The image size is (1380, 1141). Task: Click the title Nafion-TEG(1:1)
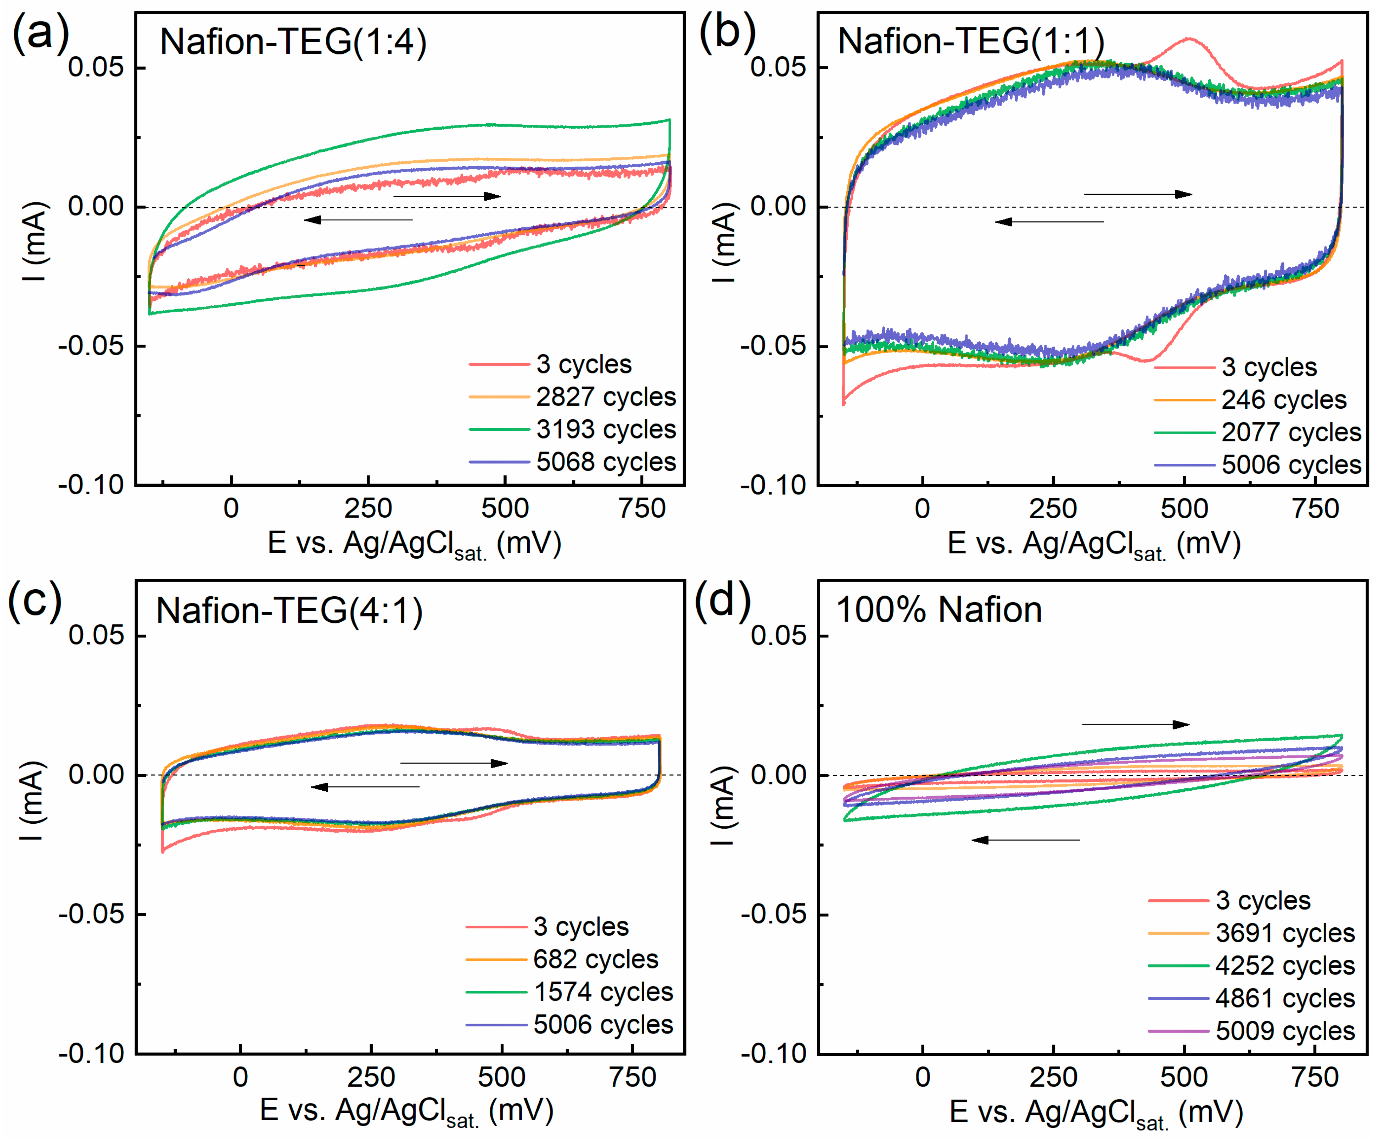971,41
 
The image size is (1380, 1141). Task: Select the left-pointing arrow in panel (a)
358,220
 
